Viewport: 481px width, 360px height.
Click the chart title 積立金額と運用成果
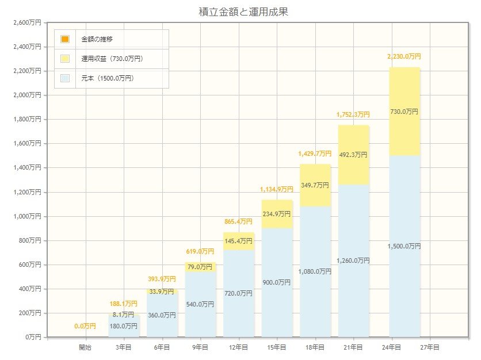tap(240, 12)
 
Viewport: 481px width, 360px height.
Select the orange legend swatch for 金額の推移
tap(65, 39)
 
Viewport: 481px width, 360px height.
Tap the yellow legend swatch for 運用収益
tap(65, 59)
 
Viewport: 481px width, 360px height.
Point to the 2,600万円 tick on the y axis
tap(27, 22)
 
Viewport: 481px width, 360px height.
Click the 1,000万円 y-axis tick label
tap(27, 216)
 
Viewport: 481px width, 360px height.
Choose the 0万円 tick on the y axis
tap(32, 337)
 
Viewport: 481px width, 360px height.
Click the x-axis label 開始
tap(85, 347)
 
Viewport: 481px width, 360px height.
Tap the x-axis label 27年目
tap(430, 347)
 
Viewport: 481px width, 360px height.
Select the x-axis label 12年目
tap(238, 347)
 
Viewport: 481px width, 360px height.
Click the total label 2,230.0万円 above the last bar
tap(404, 56)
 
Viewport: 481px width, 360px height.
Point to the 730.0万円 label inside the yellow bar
tap(404, 112)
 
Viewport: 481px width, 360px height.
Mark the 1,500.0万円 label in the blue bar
tap(404, 246)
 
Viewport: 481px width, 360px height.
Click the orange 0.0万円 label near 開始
tap(85, 326)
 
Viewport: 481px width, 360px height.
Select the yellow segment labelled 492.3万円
tap(353, 155)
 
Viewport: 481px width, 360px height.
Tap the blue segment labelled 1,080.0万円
tap(315, 271)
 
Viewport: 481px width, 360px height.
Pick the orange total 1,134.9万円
tap(277, 189)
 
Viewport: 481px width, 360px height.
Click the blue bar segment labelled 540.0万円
tap(200, 304)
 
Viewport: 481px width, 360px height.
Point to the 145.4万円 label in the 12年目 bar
tap(238, 241)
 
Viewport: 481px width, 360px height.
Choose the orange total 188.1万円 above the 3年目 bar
tap(123, 303)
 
